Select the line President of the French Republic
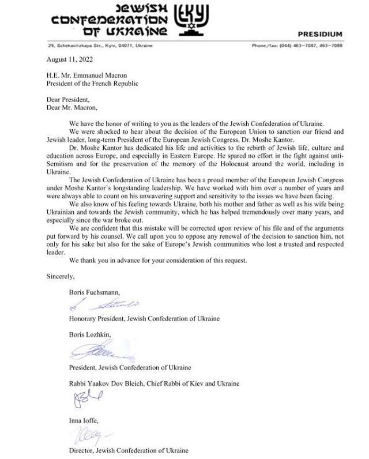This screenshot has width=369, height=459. pyautogui.click(x=92, y=83)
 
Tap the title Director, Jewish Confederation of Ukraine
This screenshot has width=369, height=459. pyautogui.click(x=128, y=450)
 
